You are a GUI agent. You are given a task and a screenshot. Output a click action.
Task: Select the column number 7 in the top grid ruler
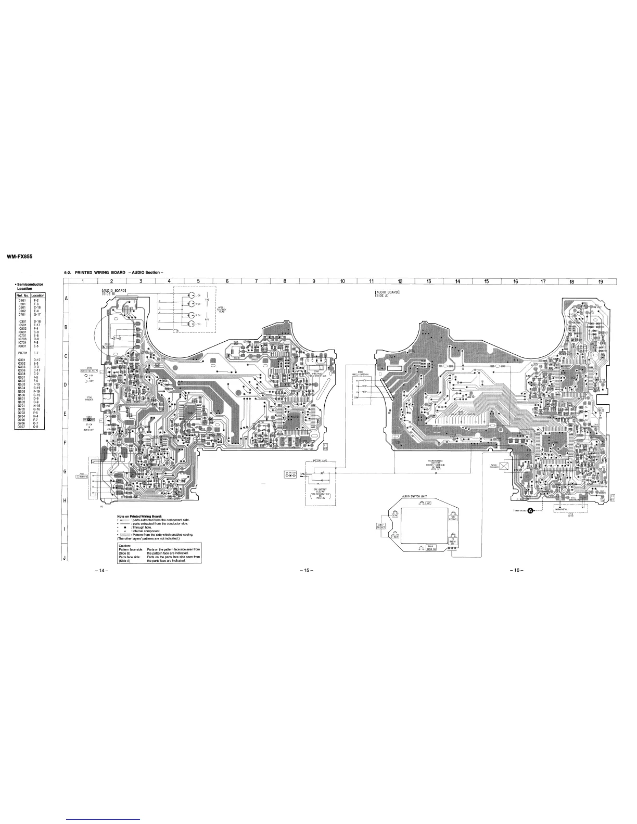(256, 282)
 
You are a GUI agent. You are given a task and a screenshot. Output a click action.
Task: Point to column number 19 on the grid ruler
(600, 282)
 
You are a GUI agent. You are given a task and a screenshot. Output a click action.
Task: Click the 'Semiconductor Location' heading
(30, 286)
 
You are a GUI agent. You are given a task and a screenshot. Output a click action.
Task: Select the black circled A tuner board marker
(531, 511)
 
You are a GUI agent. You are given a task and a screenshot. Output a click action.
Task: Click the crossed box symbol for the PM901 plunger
(503, 466)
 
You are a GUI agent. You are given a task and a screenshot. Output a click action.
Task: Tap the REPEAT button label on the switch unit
(453, 519)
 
